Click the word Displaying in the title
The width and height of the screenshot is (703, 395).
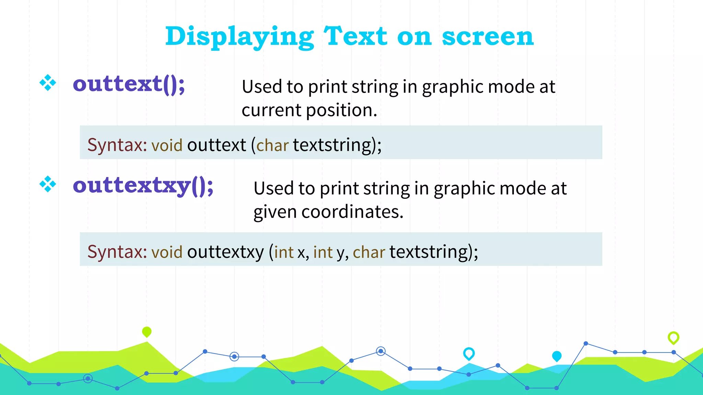click(239, 37)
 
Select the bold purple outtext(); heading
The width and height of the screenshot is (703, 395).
click(129, 84)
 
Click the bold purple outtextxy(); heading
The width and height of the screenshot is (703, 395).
click(143, 185)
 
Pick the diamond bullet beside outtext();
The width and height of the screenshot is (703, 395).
click(48, 83)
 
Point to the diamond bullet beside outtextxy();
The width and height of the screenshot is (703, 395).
click(48, 184)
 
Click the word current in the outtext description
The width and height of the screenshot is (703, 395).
click(271, 110)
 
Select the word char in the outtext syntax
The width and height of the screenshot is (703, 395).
click(272, 145)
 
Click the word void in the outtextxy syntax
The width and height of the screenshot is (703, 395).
click(167, 252)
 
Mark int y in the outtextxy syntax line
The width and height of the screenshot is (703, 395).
click(329, 252)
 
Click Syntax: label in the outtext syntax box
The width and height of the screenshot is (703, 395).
click(117, 145)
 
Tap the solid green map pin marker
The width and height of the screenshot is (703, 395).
click(147, 332)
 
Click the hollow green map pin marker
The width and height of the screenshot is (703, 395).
click(673, 337)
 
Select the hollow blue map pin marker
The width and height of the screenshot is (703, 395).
click(469, 353)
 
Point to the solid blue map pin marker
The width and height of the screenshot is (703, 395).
click(556, 356)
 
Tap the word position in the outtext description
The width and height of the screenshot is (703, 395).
click(341, 110)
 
